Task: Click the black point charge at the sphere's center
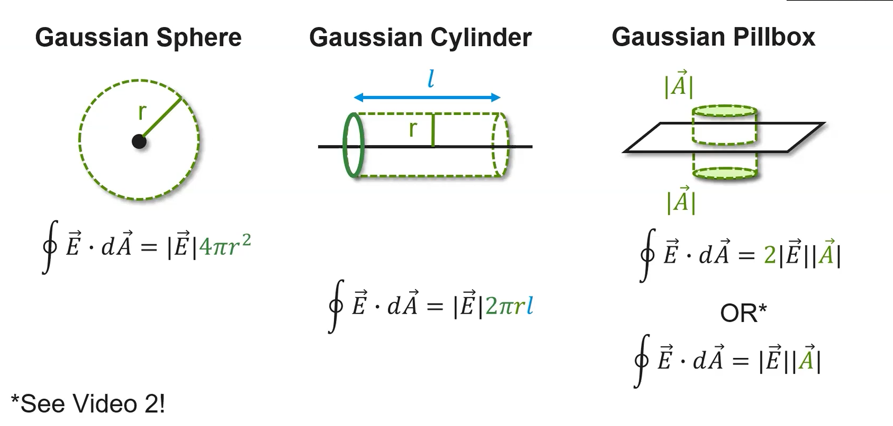[139, 142]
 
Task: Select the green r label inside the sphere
[142, 112]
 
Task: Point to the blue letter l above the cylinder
[430, 79]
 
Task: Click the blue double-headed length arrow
[427, 97]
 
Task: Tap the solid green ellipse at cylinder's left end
[353, 145]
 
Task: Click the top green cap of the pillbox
[725, 111]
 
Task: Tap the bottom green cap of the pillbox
[725, 173]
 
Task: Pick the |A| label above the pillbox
[678, 85]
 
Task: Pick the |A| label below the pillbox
[681, 201]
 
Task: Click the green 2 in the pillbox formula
[769, 255]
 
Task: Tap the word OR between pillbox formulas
[739, 313]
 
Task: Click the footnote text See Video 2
[88, 404]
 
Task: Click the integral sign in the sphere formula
[49, 247]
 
